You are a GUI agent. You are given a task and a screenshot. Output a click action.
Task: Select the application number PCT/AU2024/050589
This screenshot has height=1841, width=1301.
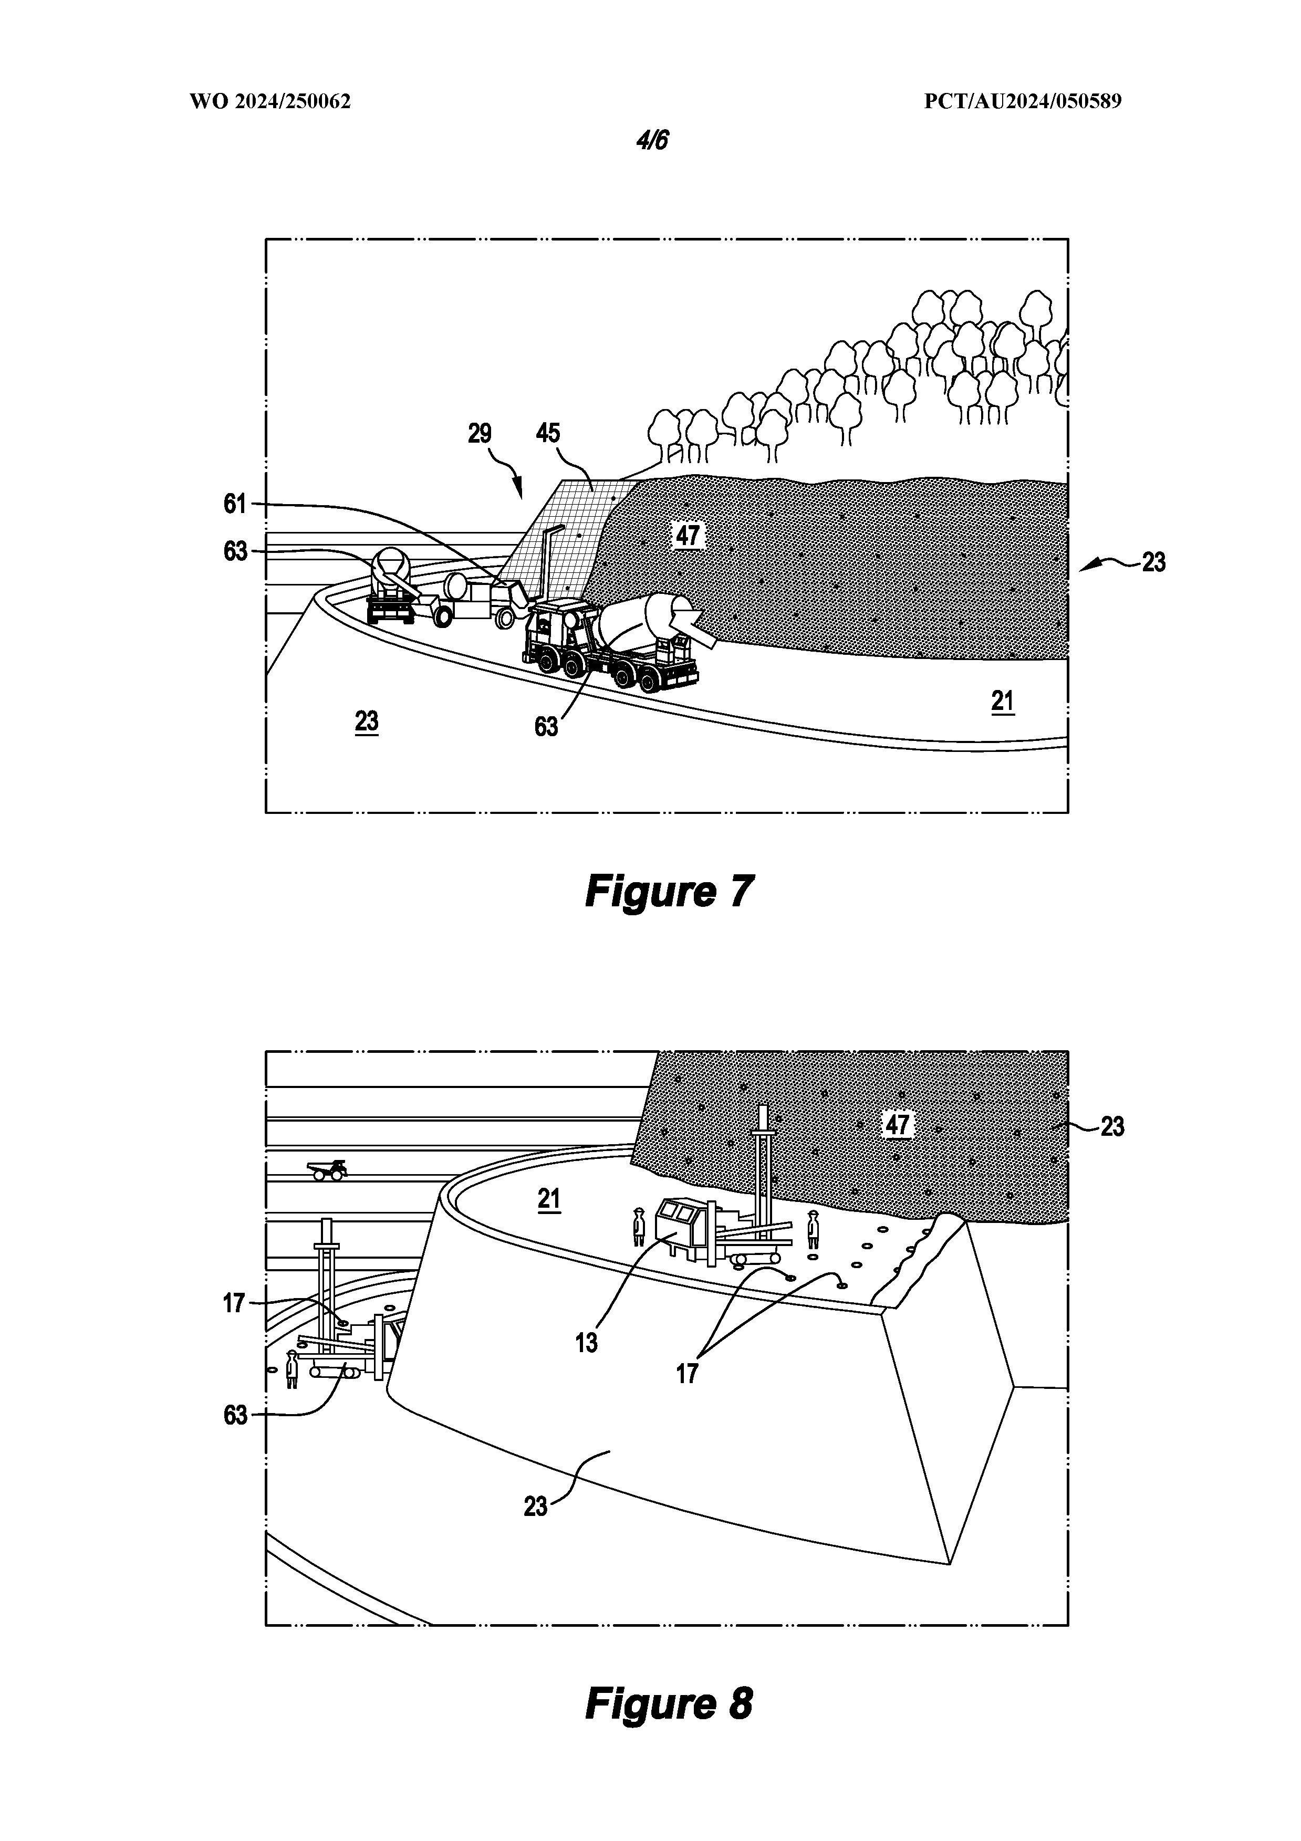point(1023,102)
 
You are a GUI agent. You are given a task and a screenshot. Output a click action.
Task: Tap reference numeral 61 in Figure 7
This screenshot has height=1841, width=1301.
point(235,504)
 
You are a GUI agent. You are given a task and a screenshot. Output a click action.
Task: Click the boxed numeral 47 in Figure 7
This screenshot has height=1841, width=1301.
point(688,535)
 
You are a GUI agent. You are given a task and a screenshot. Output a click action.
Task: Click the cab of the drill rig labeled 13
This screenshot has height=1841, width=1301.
point(675,1225)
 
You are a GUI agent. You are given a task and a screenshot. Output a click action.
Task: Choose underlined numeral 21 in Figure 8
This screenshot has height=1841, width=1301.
point(549,1199)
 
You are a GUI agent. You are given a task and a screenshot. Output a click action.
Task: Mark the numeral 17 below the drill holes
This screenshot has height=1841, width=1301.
point(688,1374)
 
